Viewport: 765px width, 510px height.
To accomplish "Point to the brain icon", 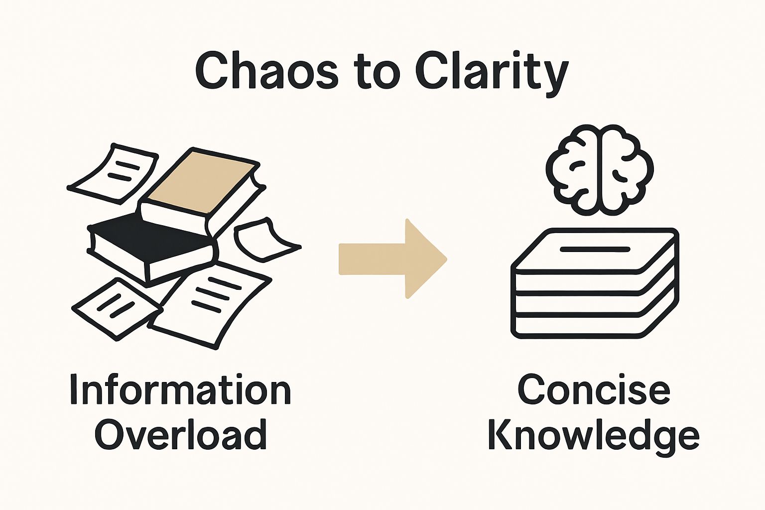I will pyautogui.click(x=600, y=170).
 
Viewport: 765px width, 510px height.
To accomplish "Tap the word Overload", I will pyautogui.click(x=180, y=434).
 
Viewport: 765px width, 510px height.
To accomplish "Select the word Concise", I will pyautogui.click(x=594, y=390).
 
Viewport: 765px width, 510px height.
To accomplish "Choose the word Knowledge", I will pyautogui.click(x=594, y=434).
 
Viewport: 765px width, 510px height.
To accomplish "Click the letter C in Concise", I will pyautogui.click(x=532, y=390).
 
